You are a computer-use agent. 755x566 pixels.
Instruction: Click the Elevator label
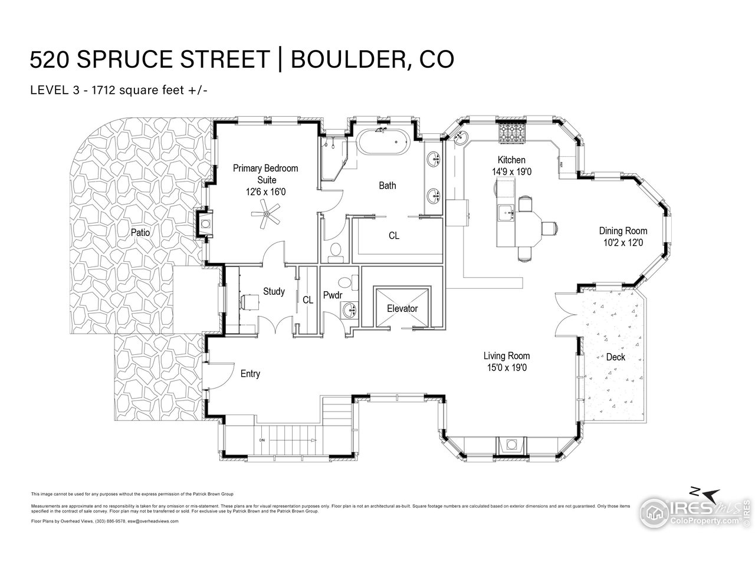[x=402, y=308]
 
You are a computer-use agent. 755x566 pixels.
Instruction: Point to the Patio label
[x=140, y=233]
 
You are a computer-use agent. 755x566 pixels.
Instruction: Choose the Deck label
[x=615, y=357]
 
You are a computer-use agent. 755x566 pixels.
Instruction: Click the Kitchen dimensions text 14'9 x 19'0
[x=511, y=171]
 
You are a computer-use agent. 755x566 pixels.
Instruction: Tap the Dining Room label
[x=623, y=231]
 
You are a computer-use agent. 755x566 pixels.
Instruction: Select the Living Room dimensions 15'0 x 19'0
[x=506, y=367]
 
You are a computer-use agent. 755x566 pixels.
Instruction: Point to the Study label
[x=274, y=291]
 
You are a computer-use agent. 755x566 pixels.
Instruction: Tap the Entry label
[x=250, y=374]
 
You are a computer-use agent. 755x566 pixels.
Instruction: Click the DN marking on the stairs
[x=261, y=440]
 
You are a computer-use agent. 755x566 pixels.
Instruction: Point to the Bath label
[x=388, y=186]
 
